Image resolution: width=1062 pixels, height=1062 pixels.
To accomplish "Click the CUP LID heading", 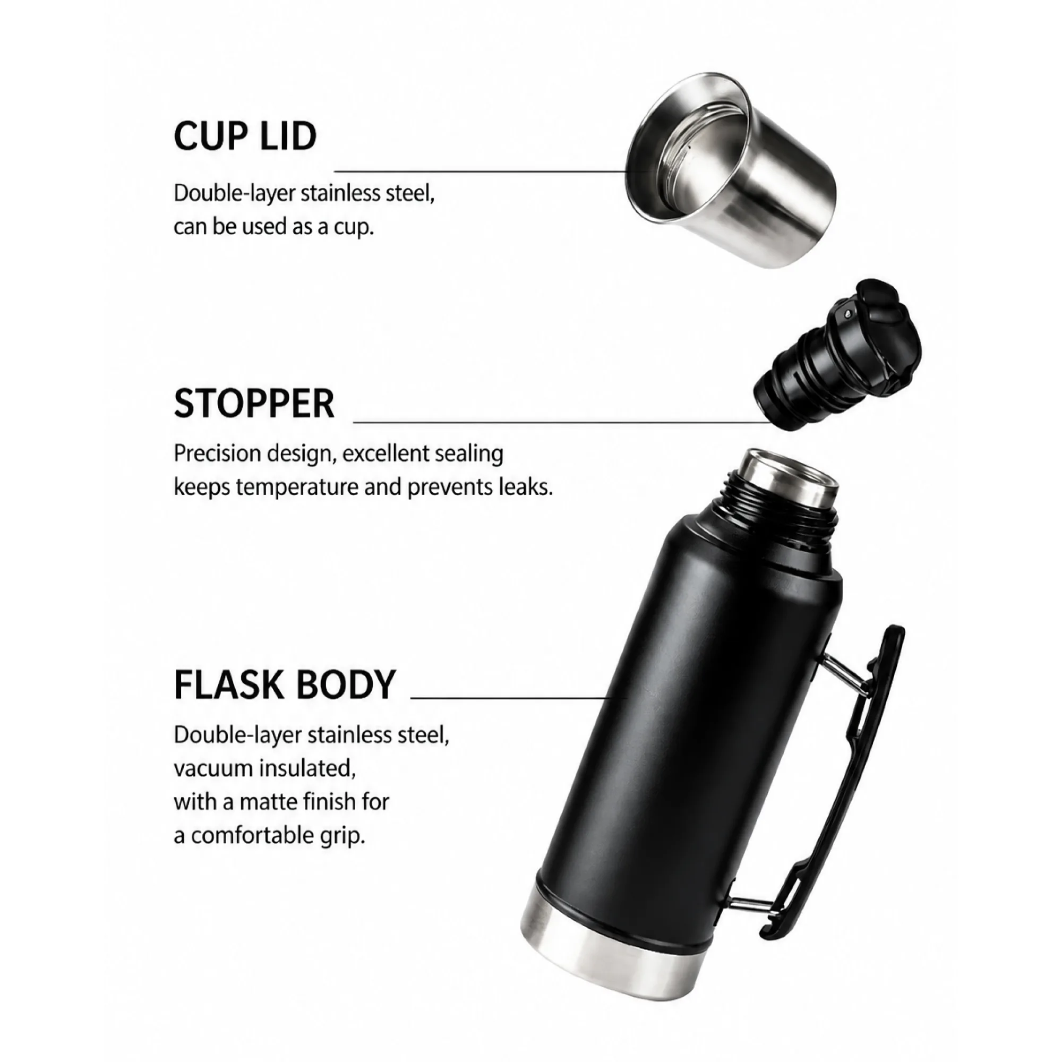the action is click(245, 136).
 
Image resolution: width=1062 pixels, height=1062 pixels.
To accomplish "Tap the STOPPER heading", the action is click(254, 404).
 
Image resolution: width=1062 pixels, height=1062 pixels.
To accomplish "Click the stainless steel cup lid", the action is click(731, 170).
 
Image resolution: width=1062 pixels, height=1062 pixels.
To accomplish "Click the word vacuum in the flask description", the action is click(212, 768).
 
